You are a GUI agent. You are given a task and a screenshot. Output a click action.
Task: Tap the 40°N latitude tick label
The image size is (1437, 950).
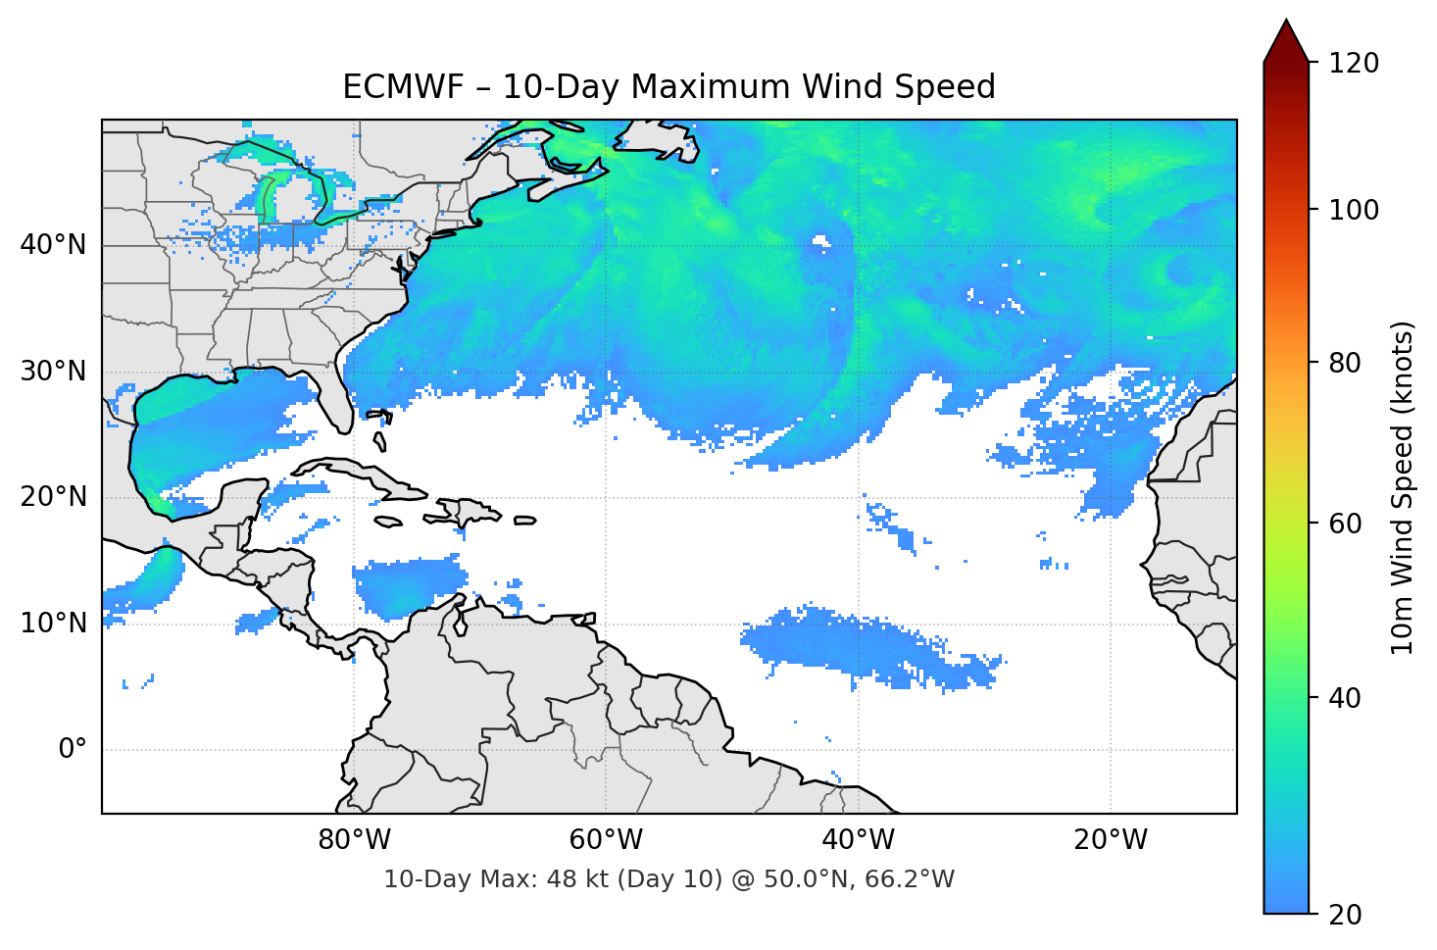(x=53, y=244)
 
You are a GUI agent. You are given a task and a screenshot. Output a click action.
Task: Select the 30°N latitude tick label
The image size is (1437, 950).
(x=53, y=372)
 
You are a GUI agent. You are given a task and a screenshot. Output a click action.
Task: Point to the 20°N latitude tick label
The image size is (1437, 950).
(x=53, y=497)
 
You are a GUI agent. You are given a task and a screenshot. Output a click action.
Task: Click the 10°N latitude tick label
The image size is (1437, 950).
(x=53, y=624)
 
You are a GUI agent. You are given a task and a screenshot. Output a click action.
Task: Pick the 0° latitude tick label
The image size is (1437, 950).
(x=73, y=750)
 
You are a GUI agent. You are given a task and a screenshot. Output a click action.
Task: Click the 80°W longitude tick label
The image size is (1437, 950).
(x=354, y=840)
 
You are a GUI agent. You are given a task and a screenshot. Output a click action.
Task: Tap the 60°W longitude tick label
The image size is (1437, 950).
(x=606, y=840)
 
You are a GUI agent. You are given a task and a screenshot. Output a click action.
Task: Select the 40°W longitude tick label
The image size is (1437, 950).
(x=858, y=840)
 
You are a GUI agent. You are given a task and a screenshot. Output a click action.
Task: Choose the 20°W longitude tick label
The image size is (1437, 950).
(x=1110, y=840)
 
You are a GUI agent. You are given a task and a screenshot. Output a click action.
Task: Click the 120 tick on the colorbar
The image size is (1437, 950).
(x=1354, y=63)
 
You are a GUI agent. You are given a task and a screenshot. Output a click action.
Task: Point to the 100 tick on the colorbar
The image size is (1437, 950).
(x=1354, y=210)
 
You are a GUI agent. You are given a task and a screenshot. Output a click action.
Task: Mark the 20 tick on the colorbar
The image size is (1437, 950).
(x=1345, y=915)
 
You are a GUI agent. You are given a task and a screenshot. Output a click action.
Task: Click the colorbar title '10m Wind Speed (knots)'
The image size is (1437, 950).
(x=1403, y=487)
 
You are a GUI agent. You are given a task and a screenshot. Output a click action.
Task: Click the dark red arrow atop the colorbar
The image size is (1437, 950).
(x=1285, y=42)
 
